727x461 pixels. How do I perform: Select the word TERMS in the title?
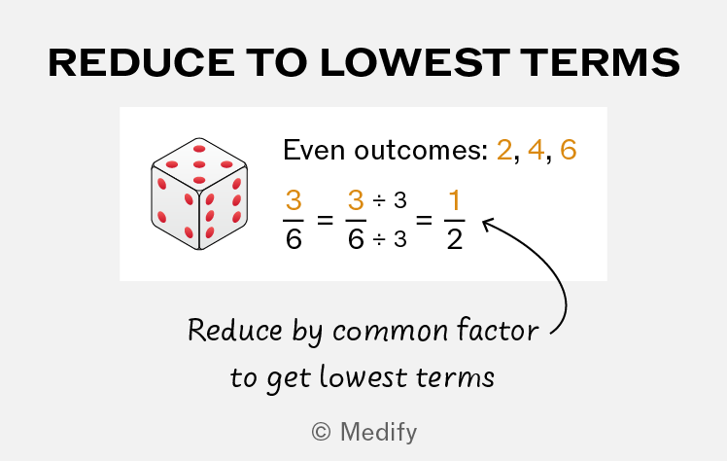click(600, 62)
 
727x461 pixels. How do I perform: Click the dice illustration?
click(199, 194)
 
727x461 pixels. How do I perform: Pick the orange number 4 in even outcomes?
click(536, 150)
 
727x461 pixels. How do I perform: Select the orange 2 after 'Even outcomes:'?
click(504, 150)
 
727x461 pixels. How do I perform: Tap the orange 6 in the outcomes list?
click(569, 150)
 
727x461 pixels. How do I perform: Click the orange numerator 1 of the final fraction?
click(454, 200)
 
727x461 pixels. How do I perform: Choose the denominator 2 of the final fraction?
click(455, 239)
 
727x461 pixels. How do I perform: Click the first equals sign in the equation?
click(325, 220)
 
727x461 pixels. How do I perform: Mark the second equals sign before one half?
click(424, 220)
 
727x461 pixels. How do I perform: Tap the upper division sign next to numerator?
click(379, 200)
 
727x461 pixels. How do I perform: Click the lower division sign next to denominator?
click(379, 240)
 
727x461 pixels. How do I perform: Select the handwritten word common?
click(391, 332)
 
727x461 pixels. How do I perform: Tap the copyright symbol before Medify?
click(322, 432)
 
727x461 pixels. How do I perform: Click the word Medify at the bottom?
click(379, 433)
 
